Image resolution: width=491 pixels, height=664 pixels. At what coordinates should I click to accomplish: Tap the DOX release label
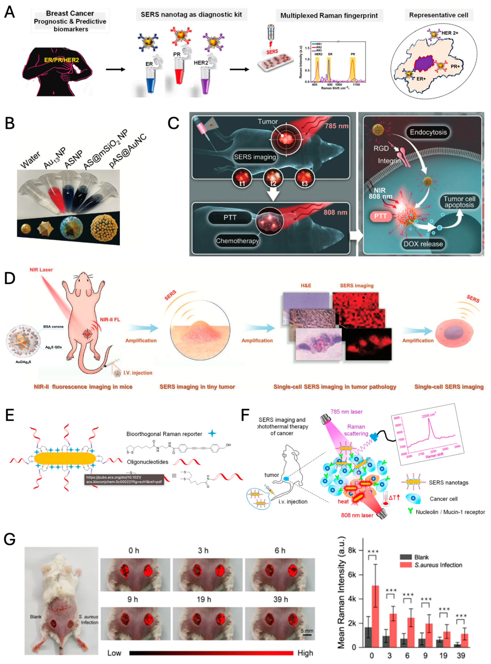pos(423,244)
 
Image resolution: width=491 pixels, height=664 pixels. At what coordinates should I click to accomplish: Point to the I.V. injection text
pos(138,373)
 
